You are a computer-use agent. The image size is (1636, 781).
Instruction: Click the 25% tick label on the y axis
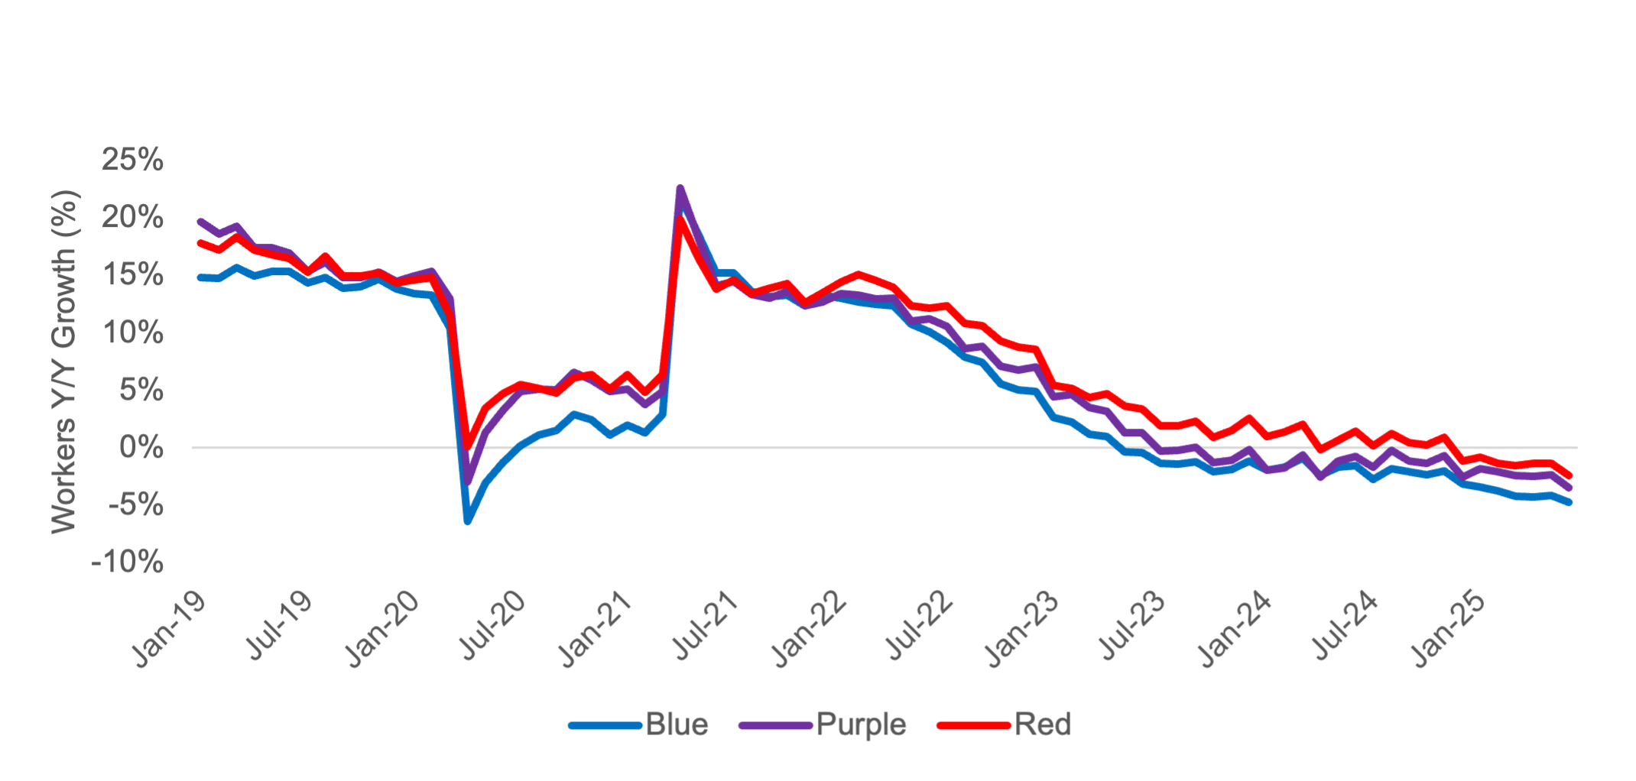[x=132, y=160]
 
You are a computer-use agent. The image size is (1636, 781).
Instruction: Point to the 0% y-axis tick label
[x=141, y=448]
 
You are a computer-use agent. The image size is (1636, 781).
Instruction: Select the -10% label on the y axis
[x=127, y=563]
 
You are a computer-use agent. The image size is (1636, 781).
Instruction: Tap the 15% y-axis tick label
[x=132, y=275]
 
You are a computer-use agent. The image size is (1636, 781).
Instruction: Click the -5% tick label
[x=136, y=505]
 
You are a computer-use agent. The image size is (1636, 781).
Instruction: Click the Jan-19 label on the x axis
[x=170, y=629]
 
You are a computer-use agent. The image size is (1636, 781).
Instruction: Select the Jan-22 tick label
[x=810, y=629]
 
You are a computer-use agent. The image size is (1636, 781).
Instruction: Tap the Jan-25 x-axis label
[x=1450, y=629]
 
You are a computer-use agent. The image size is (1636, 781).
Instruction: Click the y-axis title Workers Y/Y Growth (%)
[x=66, y=361]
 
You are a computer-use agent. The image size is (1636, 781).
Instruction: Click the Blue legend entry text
[x=677, y=724]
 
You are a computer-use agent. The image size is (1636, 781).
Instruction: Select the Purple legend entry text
[x=861, y=724]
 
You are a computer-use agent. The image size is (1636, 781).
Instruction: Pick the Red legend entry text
[x=1043, y=724]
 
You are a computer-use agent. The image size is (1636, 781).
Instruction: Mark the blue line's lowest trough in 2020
[x=467, y=522]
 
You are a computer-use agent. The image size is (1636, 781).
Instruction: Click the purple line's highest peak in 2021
[x=680, y=188]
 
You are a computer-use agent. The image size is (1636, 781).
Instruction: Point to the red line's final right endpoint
[x=1569, y=475]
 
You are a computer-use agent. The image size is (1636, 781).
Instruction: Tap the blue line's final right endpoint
[x=1569, y=502]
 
